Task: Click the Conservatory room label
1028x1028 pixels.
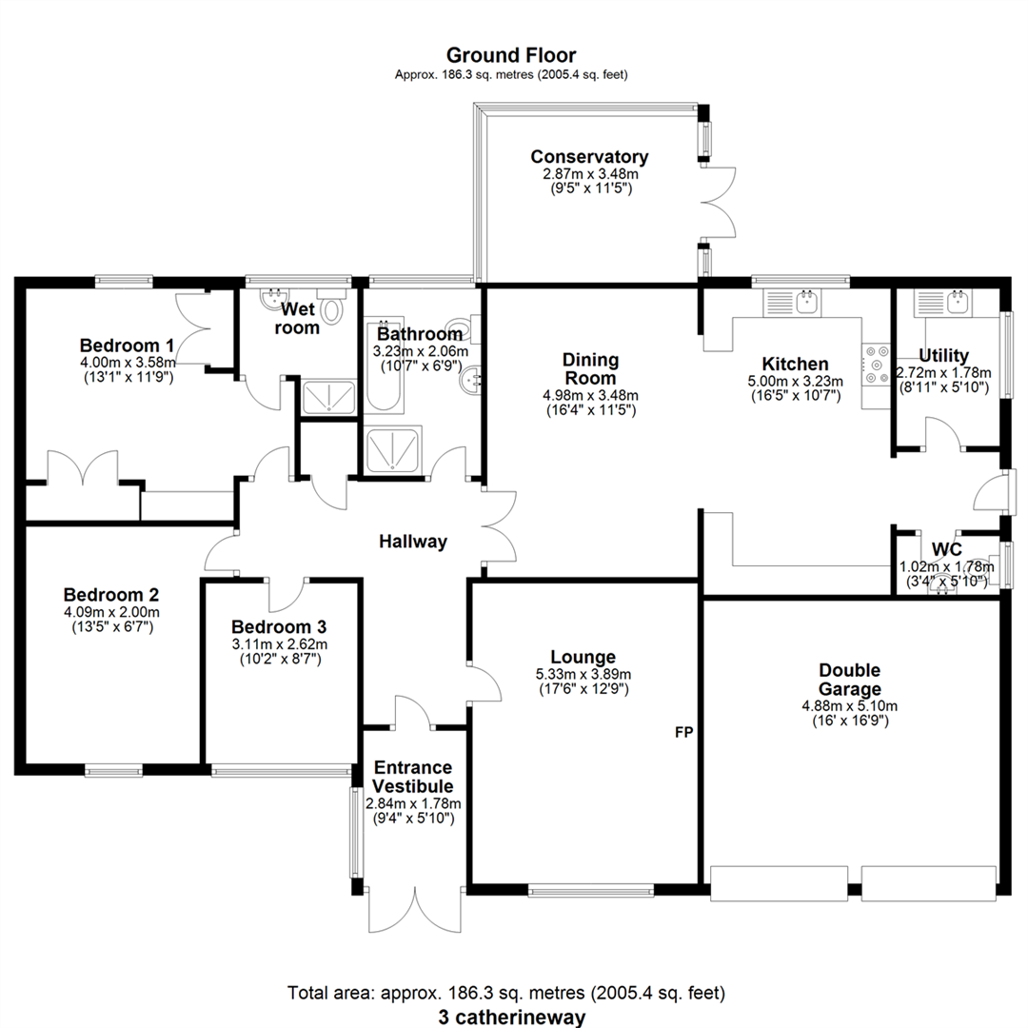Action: point(589,157)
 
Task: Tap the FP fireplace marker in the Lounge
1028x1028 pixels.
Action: point(683,732)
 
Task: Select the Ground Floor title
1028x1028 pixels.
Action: point(511,55)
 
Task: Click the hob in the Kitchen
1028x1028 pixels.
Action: point(876,366)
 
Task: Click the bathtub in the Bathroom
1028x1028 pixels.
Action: point(385,367)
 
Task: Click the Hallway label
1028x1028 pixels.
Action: point(413,542)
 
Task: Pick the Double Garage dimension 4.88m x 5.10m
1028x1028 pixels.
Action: point(850,706)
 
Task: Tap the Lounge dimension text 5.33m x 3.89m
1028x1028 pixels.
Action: point(583,674)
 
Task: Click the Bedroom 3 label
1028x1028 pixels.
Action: point(279,626)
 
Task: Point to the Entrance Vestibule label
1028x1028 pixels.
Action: point(413,777)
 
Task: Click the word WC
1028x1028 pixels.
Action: point(947,549)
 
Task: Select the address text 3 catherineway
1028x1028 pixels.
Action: point(512,1017)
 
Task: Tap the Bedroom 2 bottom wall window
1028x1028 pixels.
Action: point(114,771)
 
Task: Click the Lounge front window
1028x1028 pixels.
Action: point(591,890)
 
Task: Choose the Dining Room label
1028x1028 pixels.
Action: point(591,368)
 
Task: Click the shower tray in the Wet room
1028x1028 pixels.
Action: point(328,397)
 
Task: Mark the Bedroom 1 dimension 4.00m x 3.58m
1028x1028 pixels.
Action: point(128,362)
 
